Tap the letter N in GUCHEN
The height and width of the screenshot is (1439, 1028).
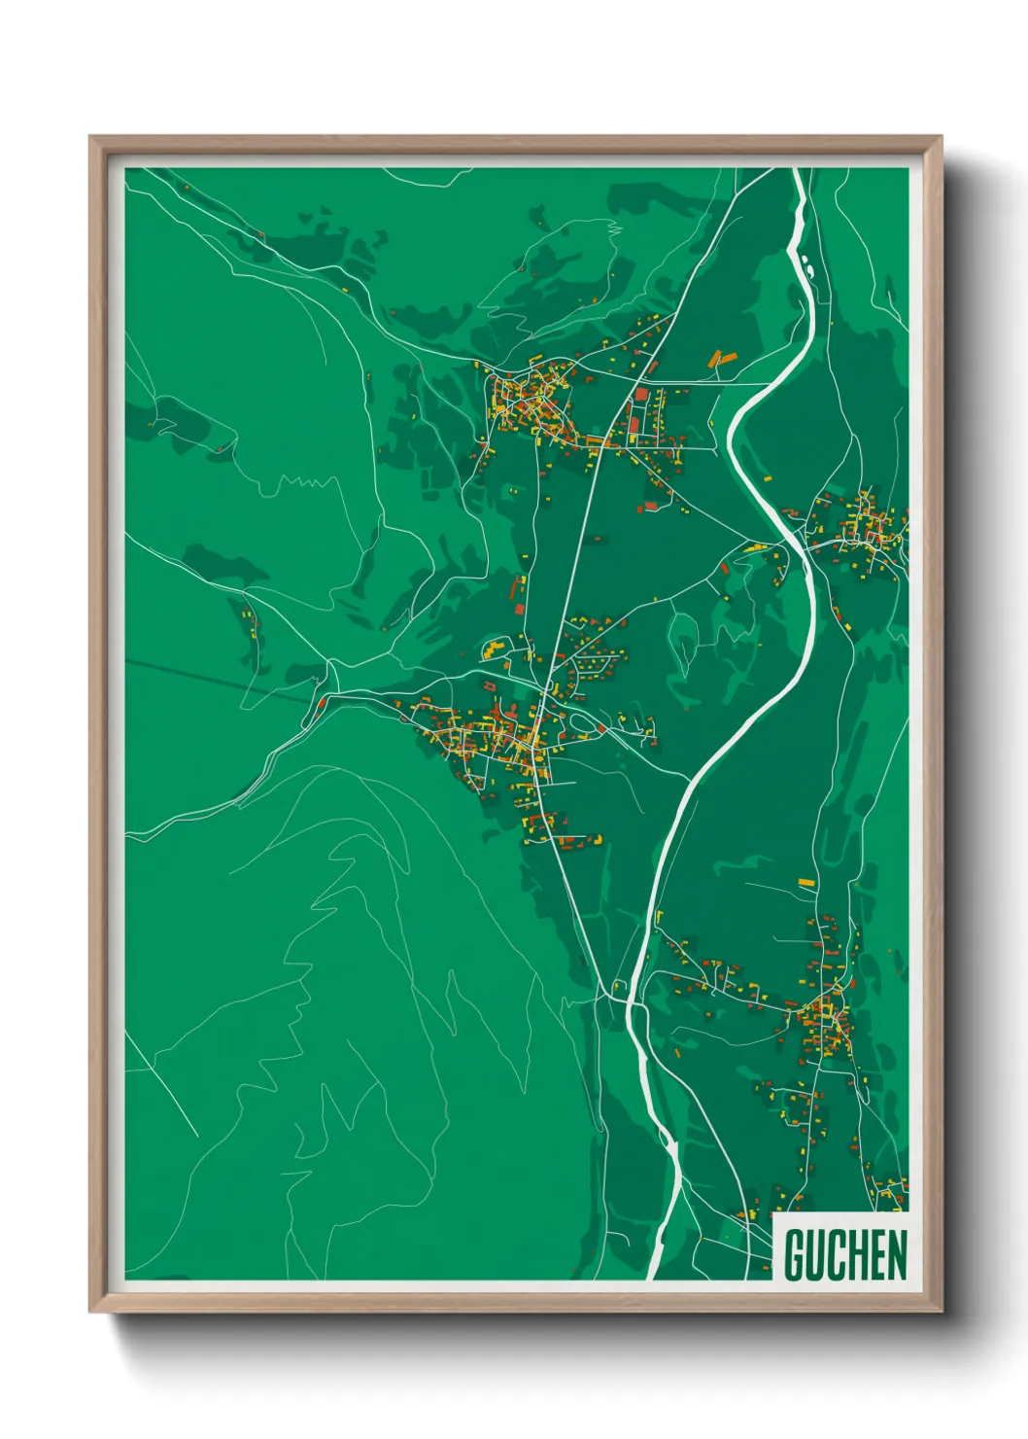click(x=895, y=1255)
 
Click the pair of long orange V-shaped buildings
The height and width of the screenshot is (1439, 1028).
click(x=722, y=359)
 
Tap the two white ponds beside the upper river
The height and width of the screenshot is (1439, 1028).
click(x=806, y=263)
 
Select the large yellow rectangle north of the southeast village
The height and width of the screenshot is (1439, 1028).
click(x=805, y=882)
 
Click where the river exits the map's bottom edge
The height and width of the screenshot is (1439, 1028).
click(x=655, y=1275)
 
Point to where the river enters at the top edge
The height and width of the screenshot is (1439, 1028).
click(x=799, y=171)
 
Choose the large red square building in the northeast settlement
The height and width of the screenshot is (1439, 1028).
click(x=641, y=395)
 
